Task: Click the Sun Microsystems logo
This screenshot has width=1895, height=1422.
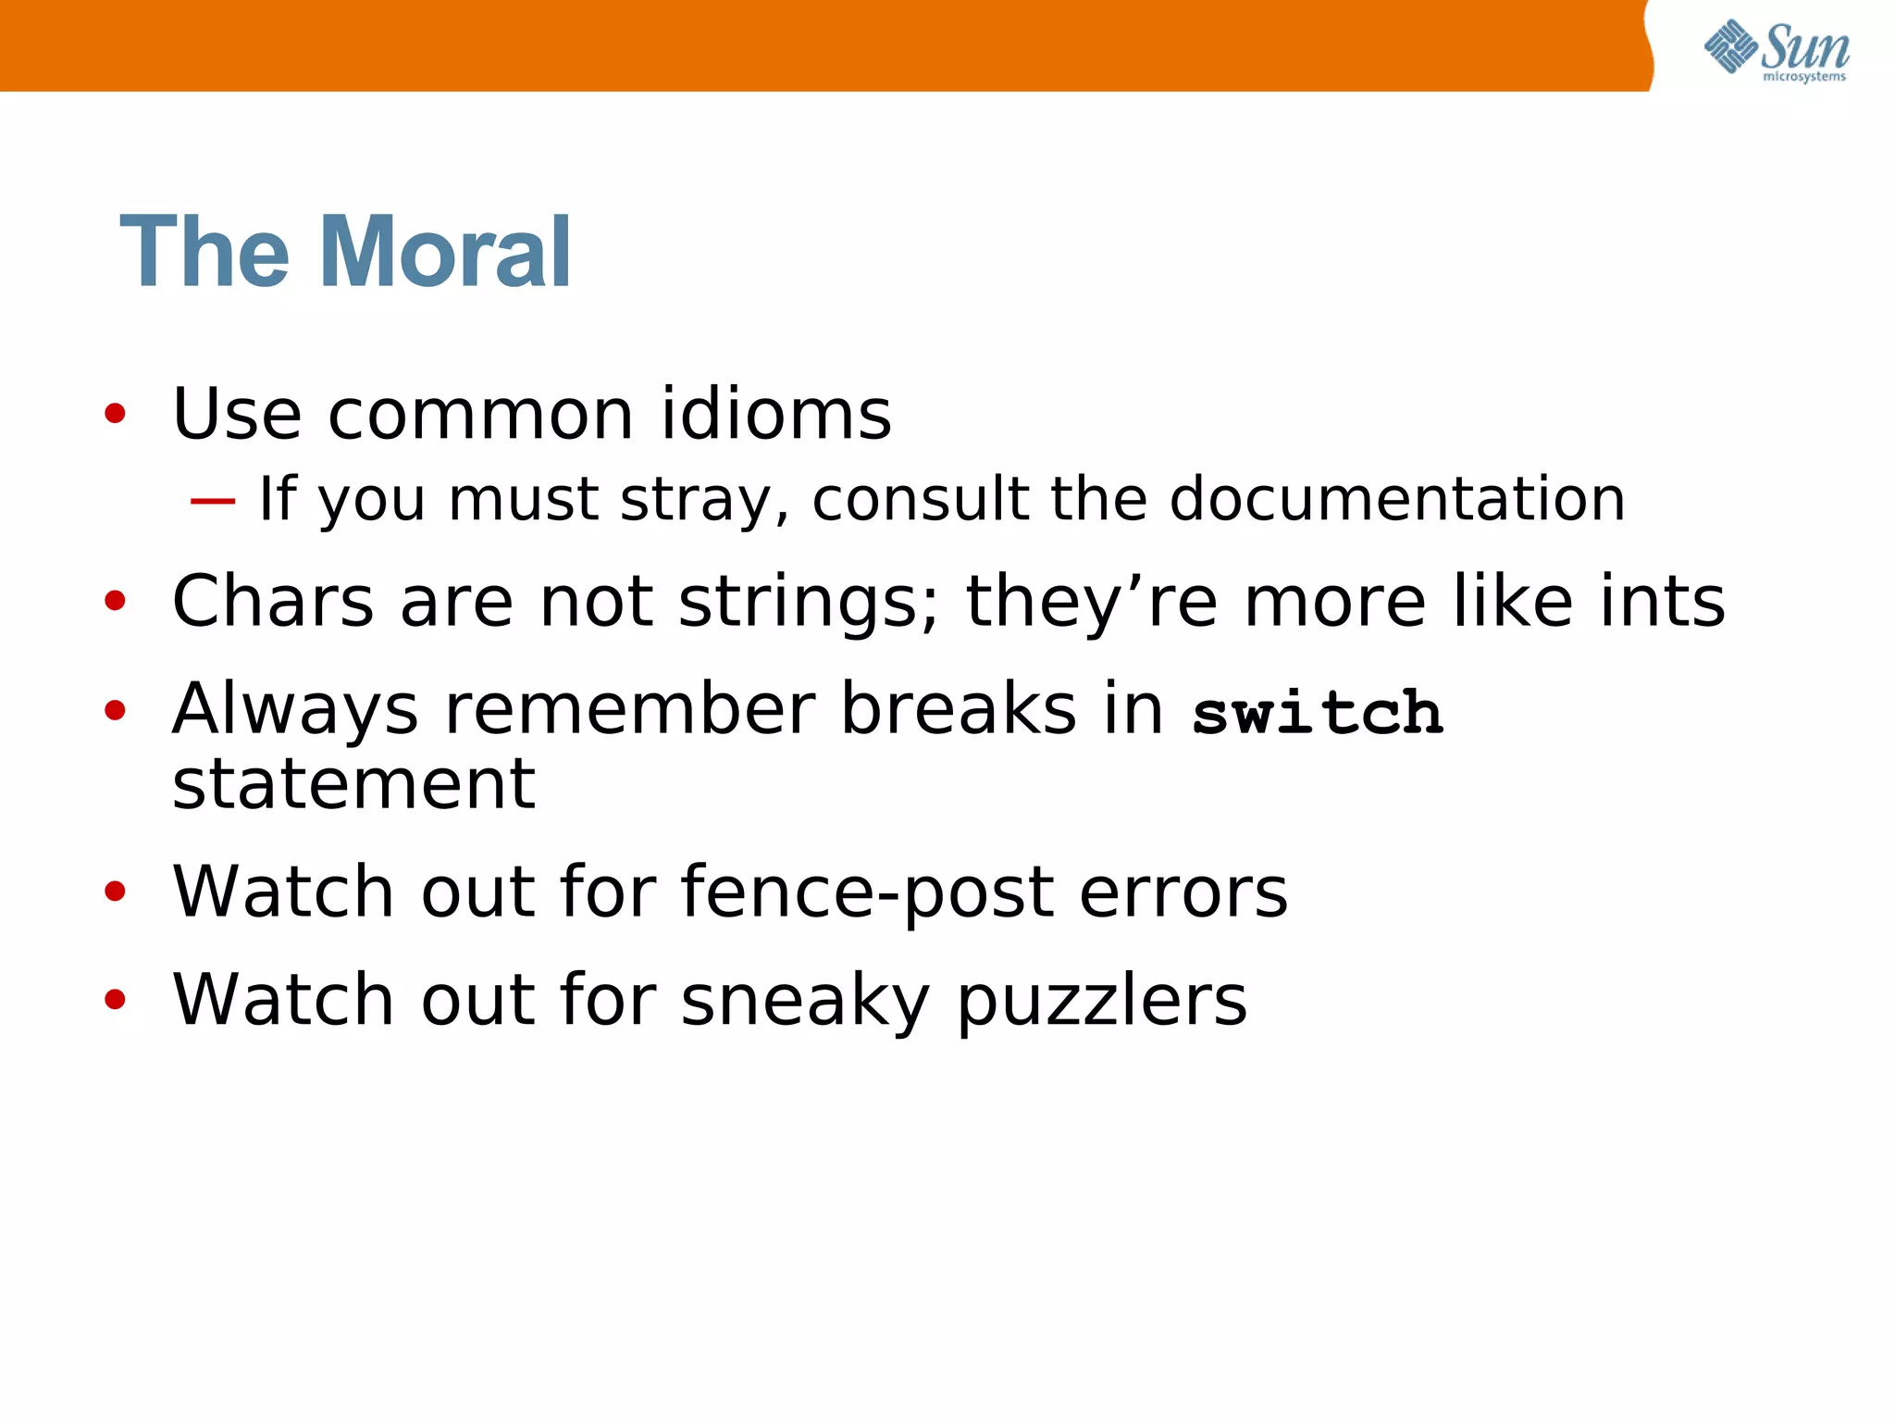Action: click(x=1777, y=50)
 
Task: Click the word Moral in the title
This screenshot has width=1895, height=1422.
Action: click(x=445, y=252)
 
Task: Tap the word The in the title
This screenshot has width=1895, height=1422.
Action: click(x=204, y=252)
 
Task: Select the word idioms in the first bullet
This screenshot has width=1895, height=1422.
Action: click(x=775, y=413)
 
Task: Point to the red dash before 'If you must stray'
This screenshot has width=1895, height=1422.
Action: click(x=213, y=501)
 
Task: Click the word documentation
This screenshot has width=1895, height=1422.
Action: click(x=1397, y=499)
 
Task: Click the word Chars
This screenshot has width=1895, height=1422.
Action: click(x=273, y=601)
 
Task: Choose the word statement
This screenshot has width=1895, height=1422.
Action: click(x=353, y=784)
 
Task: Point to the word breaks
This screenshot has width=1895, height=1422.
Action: click(x=959, y=709)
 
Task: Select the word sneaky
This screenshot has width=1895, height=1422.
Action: click(x=805, y=1001)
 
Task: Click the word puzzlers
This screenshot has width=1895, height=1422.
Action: click(x=1101, y=1001)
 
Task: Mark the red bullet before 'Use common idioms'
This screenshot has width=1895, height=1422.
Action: click(x=115, y=414)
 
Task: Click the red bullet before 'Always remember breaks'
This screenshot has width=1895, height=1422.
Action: click(x=115, y=711)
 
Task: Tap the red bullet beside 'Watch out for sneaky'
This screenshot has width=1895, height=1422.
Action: click(x=115, y=1000)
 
